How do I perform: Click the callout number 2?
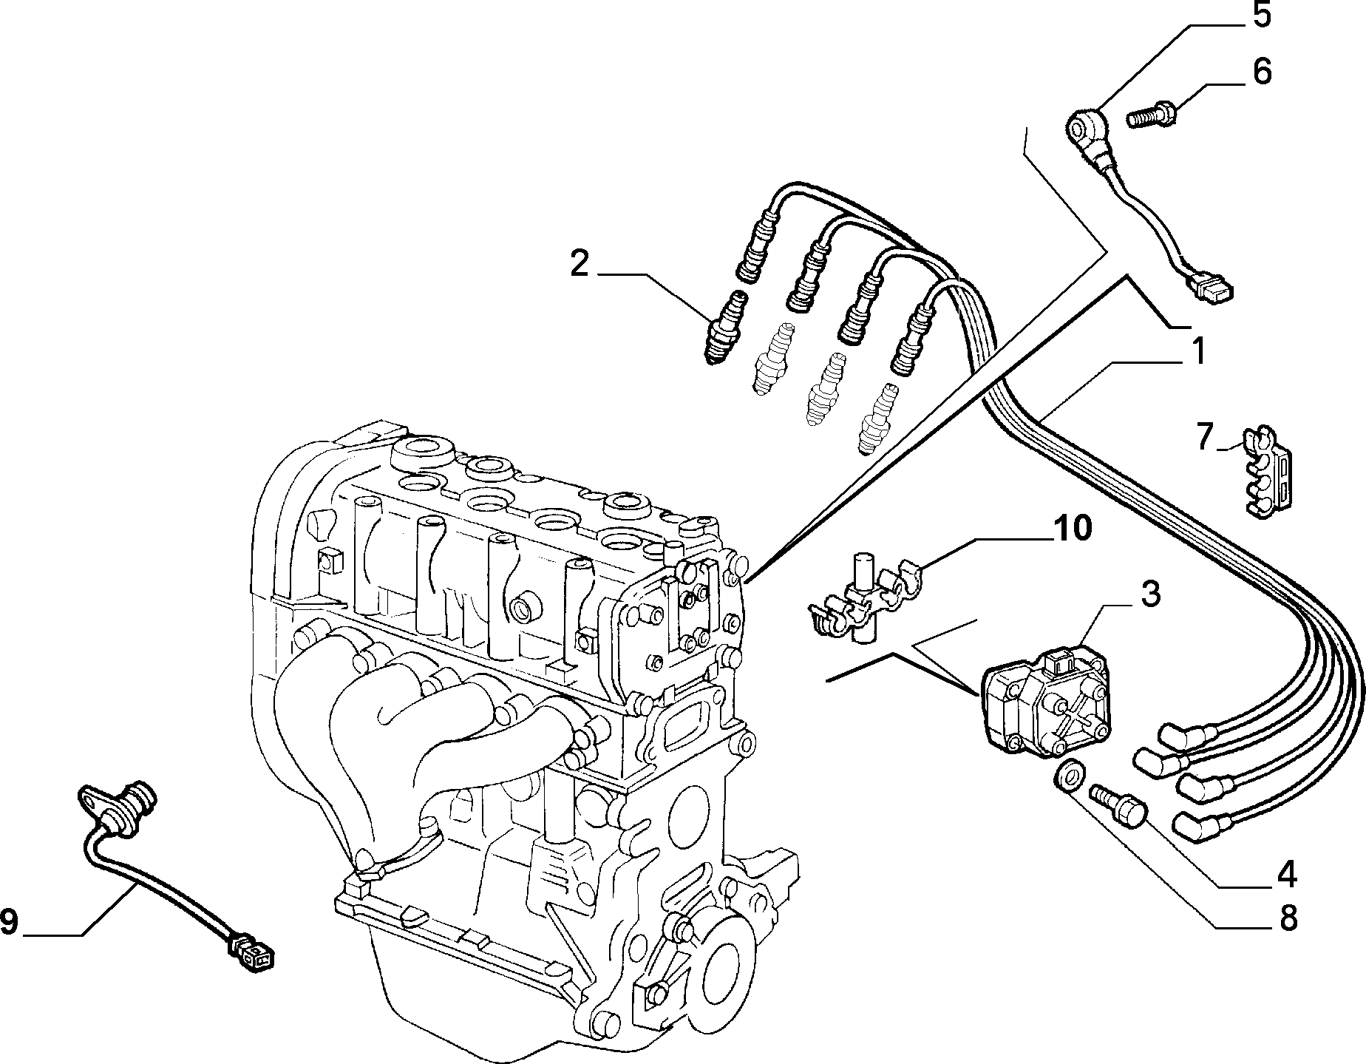click(x=580, y=265)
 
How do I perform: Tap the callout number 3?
click(x=1149, y=596)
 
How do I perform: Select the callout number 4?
click(x=1286, y=875)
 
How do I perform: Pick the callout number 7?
click(x=1206, y=437)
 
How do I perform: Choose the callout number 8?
click(x=1287, y=918)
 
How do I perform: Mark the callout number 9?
click(x=9, y=921)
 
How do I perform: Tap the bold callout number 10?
click(x=1072, y=529)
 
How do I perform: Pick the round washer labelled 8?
click(x=1065, y=776)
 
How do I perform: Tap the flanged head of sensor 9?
click(x=117, y=809)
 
